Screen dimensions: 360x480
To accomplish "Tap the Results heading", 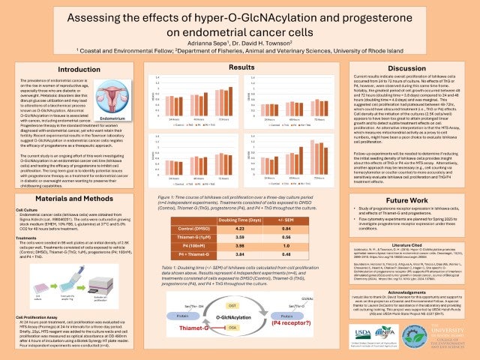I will pos(239,67).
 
